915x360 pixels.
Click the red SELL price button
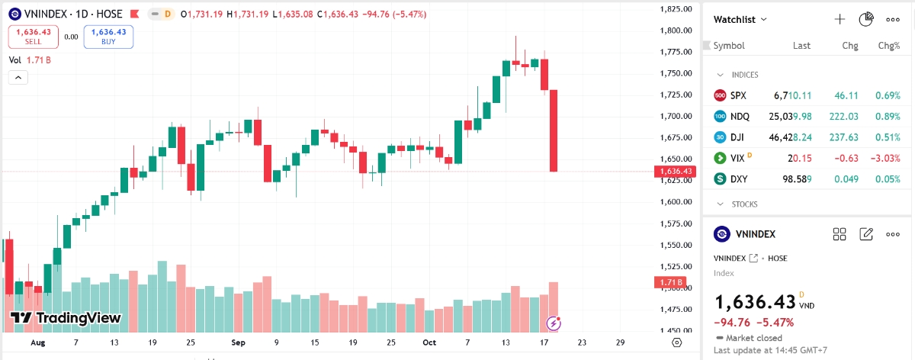coord(33,37)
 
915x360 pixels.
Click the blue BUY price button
coord(108,37)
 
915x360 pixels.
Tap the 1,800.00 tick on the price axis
coord(676,31)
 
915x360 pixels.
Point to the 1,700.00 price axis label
coord(676,116)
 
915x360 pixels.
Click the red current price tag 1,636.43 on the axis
coord(676,172)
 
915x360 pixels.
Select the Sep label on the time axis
coord(238,342)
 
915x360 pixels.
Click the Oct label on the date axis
coord(429,342)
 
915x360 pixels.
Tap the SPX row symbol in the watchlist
coord(738,95)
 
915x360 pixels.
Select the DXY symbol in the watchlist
coord(740,178)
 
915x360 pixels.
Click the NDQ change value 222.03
coord(843,116)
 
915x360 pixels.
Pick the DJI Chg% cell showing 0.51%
coord(885,137)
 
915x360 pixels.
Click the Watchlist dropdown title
coord(740,19)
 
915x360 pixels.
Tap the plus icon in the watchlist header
coord(840,19)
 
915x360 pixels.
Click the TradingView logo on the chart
coord(66,318)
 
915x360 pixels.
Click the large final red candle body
coord(554,130)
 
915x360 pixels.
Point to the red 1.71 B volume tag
coord(676,283)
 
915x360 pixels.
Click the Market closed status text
coord(753,337)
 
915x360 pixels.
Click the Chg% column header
coord(888,46)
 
